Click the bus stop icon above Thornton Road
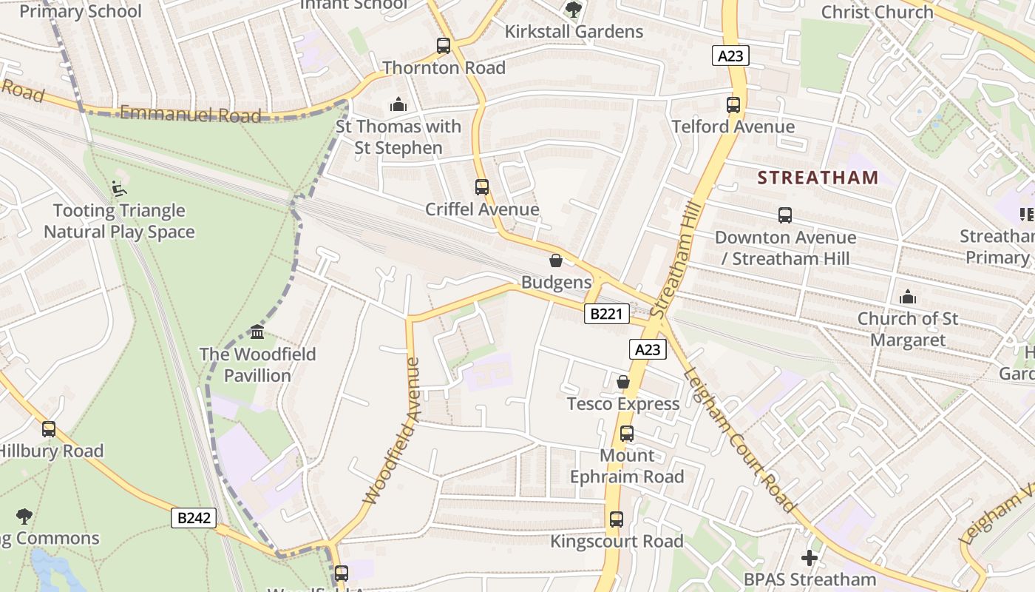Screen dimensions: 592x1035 click(444, 46)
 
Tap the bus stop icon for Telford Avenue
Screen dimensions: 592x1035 click(733, 105)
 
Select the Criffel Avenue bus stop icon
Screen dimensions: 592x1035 click(482, 187)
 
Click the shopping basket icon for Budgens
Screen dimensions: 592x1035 click(556, 260)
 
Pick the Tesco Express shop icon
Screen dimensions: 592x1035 click(623, 382)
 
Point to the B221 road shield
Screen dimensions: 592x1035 click(607, 314)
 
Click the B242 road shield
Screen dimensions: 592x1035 click(194, 518)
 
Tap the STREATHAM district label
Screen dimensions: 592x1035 click(818, 178)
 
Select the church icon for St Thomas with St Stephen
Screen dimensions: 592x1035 click(398, 104)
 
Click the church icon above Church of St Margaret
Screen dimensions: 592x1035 click(908, 297)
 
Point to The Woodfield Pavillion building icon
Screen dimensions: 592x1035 click(257, 332)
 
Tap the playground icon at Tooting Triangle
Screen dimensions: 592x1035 click(118, 189)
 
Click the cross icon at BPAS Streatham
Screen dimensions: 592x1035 click(810, 557)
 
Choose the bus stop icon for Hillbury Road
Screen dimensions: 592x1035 click(49, 429)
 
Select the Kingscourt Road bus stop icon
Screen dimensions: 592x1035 click(617, 519)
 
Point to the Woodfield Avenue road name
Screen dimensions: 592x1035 click(391, 431)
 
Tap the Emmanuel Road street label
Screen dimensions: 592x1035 click(190, 114)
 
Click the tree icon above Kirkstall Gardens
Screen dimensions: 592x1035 click(573, 10)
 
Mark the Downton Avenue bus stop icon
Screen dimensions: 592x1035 click(785, 216)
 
